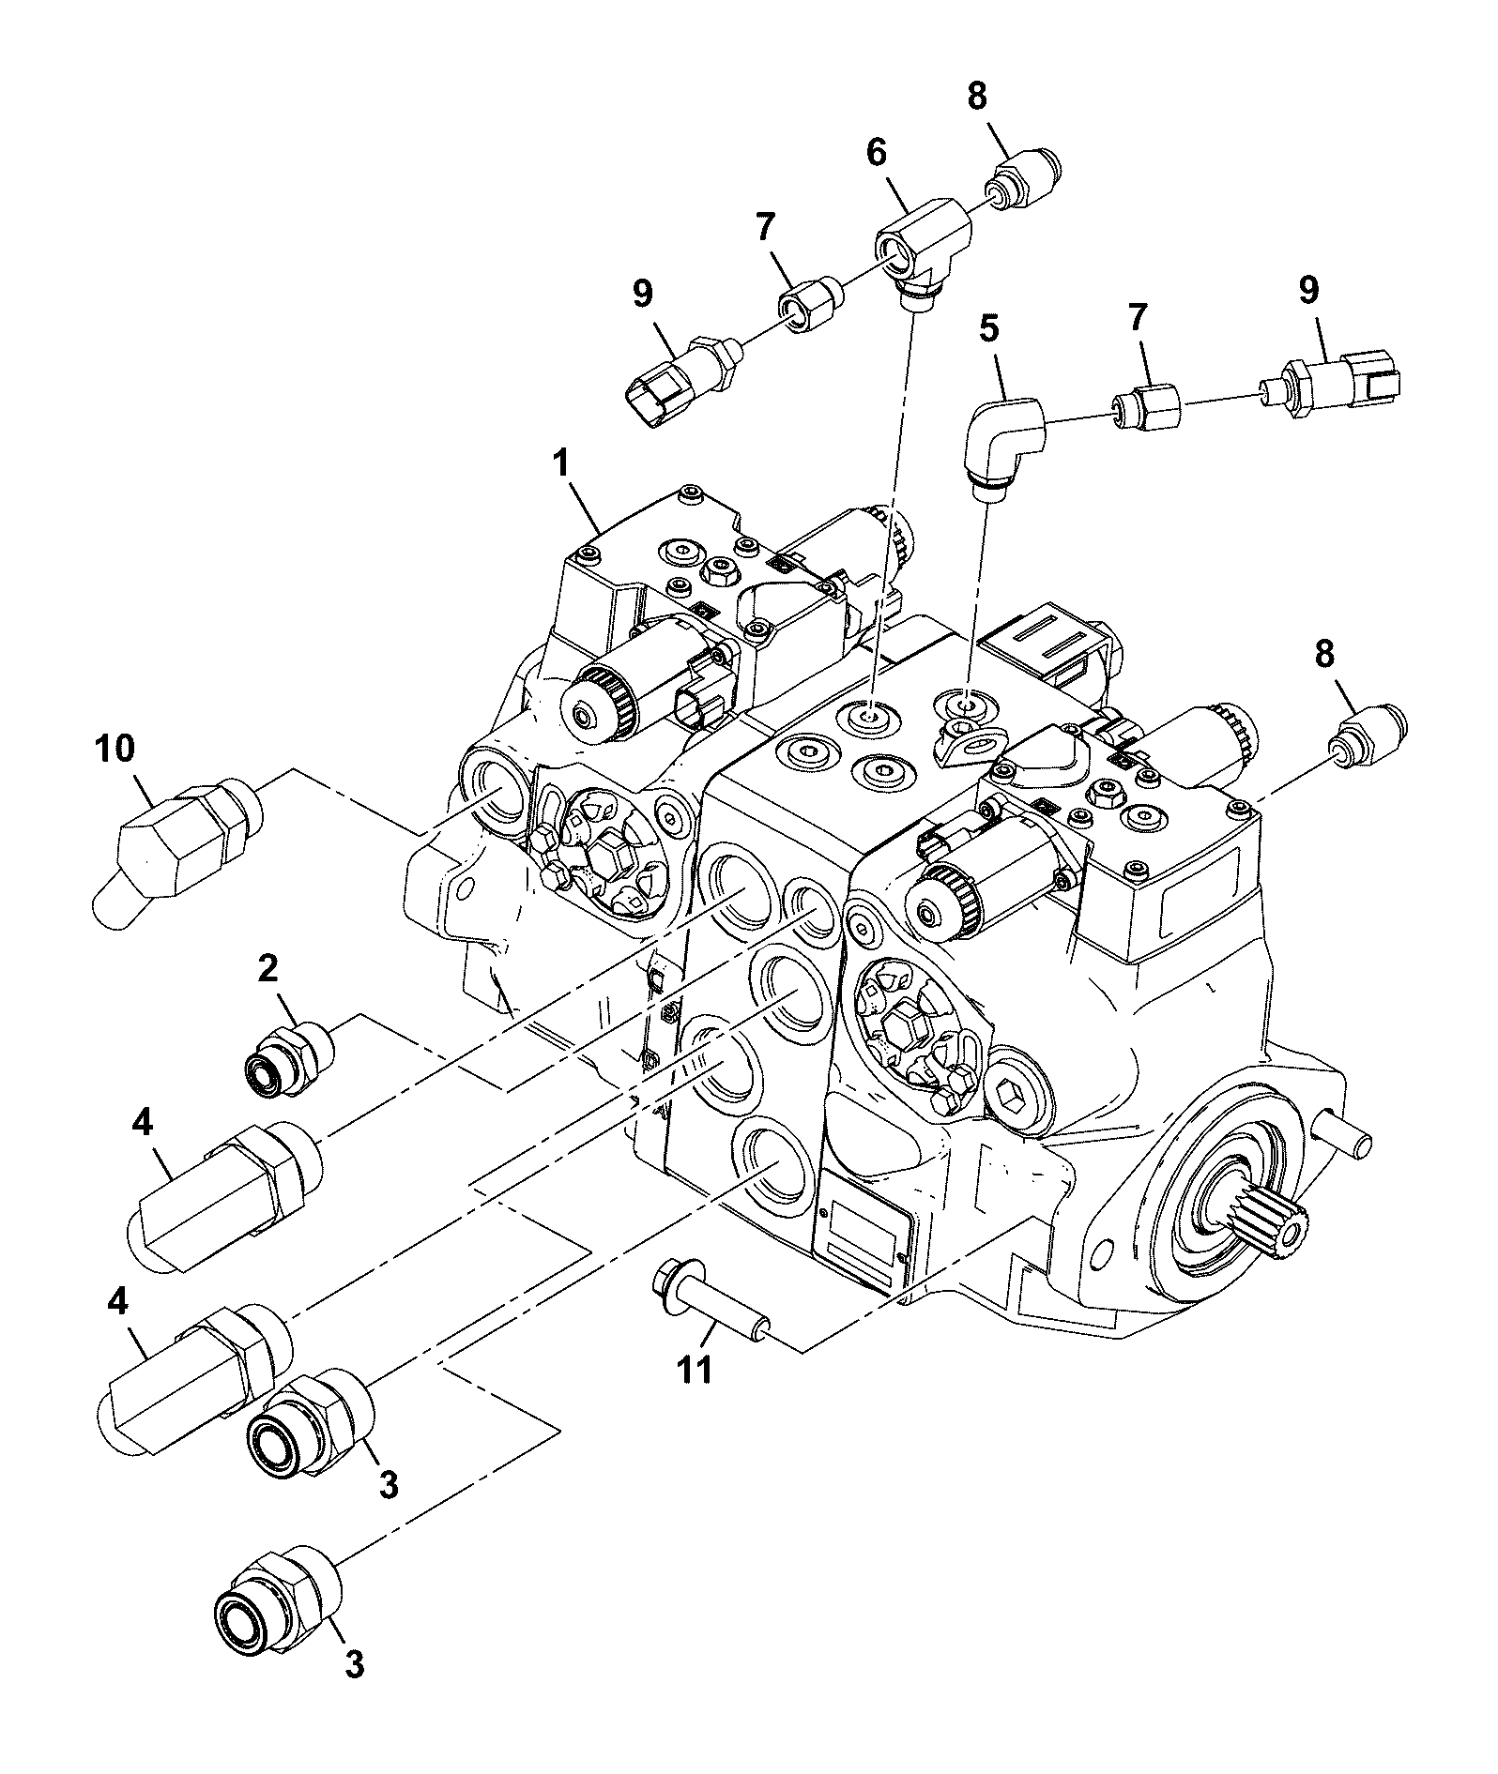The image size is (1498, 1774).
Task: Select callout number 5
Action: click(x=989, y=330)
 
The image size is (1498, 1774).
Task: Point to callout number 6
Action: click(x=876, y=153)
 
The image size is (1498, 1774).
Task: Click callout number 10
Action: click(x=114, y=749)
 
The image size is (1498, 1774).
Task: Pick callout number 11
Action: click(x=695, y=1371)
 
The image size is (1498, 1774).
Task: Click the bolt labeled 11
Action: click(x=713, y=1294)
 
